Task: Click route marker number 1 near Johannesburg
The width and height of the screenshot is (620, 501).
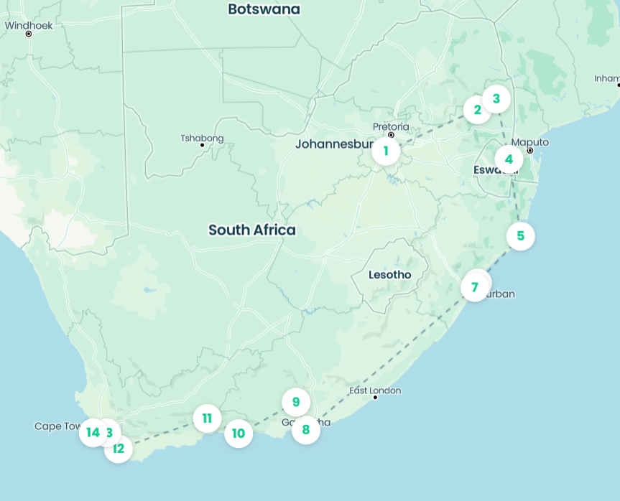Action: [x=386, y=151]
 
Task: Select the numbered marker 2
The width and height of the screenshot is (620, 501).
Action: [x=477, y=110]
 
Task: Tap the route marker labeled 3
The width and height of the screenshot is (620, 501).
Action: [x=496, y=98]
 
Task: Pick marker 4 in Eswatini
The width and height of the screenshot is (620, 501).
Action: [x=509, y=159]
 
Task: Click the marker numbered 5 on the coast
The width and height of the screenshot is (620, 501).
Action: [x=520, y=235]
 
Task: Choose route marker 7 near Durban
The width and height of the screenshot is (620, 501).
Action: [x=474, y=288]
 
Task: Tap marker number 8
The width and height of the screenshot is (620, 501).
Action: [x=306, y=430]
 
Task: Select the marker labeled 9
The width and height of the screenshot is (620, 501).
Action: [x=295, y=402]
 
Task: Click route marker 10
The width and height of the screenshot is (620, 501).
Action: [x=239, y=434]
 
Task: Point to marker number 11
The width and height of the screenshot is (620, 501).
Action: [x=207, y=418]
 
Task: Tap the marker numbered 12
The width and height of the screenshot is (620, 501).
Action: [x=118, y=449]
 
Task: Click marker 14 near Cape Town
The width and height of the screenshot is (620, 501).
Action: [x=93, y=432]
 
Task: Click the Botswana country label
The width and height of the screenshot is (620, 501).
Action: [x=264, y=9]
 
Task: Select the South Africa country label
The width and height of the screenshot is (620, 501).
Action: [x=252, y=230]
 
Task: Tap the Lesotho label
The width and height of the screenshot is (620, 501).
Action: [x=389, y=275]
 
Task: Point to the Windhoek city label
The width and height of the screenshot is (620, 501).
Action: [x=29, y=25]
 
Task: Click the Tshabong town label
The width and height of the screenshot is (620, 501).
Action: [x=202, y=138]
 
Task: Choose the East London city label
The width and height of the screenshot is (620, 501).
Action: [x=375, y=390]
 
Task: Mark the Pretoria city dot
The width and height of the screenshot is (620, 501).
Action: [x=392, y=135]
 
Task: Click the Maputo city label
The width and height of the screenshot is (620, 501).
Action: [x=530, y=142]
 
